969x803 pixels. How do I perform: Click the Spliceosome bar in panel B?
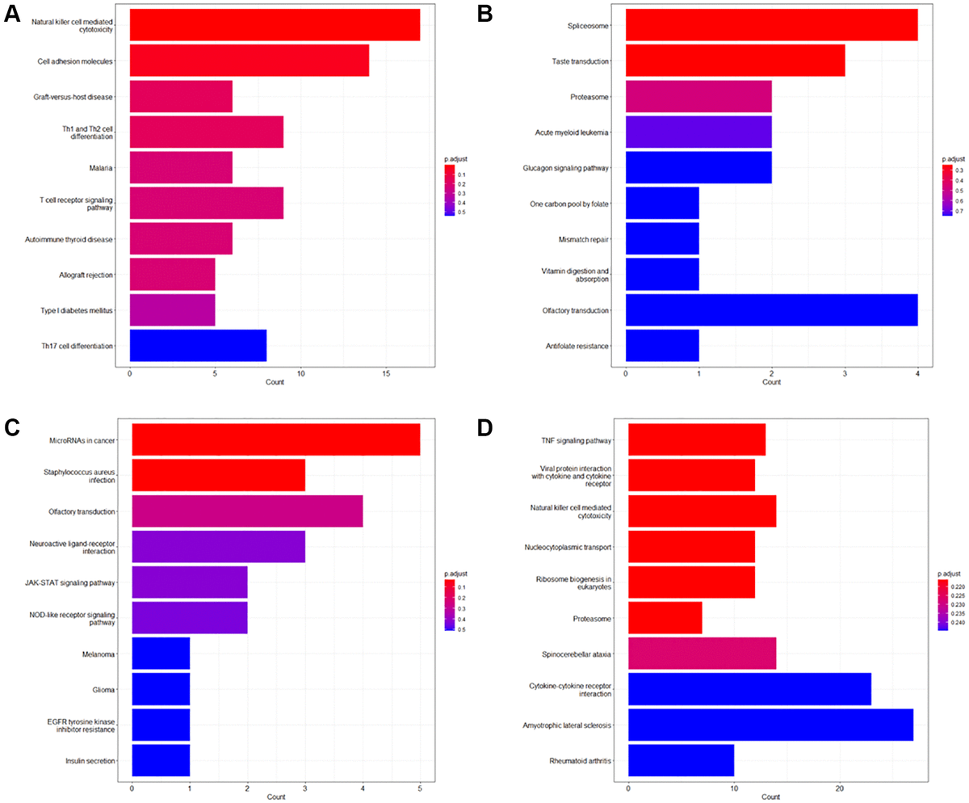point(771,25)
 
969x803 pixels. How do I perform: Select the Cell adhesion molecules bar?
point(249,61)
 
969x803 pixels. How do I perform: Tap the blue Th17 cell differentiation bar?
point(198,346)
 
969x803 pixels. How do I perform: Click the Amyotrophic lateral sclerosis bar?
point(770,725)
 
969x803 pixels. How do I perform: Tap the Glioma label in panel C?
point(103,690)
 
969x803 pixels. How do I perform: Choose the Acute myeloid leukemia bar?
point(698,132)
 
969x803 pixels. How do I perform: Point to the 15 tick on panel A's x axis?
point(386,374)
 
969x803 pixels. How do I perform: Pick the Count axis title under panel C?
point(276,797)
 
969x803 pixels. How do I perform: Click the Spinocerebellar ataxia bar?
point(702,654)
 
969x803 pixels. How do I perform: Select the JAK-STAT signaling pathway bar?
point(189,582)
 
